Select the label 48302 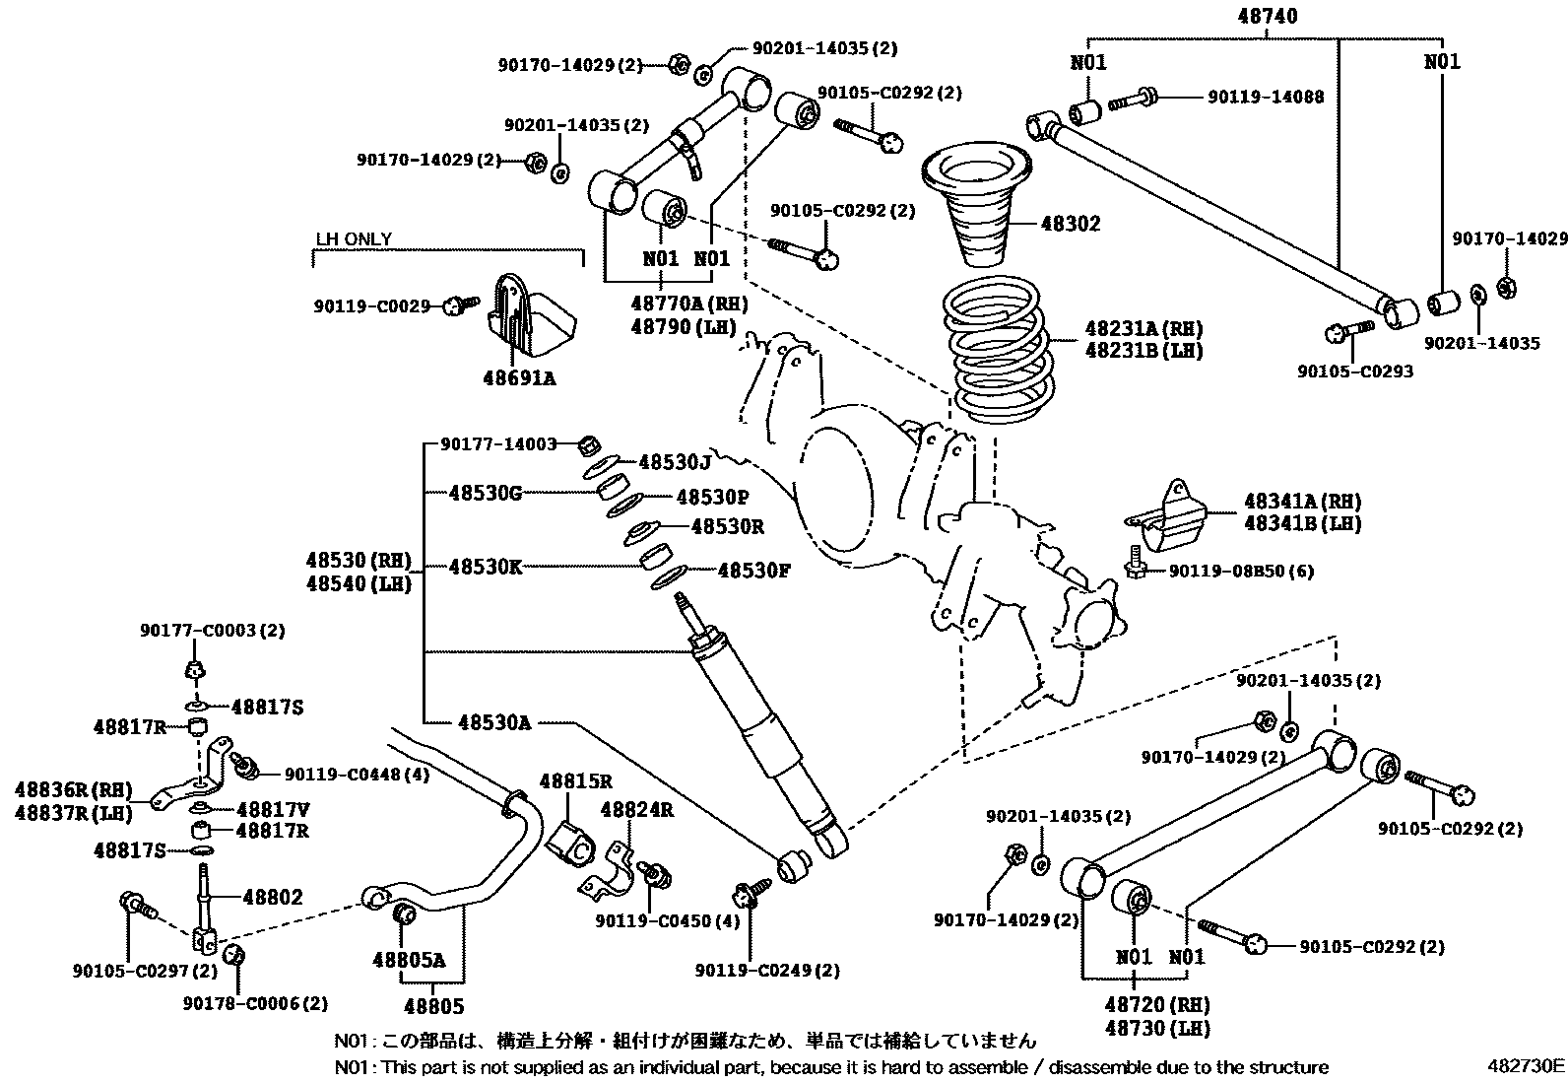click(1071, 224)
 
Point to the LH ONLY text click(354, 239)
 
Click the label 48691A click(519, 377)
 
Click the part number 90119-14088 click(1266, 97)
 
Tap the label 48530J click(675, 462)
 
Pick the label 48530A click(494, 722)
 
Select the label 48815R click(576, 782)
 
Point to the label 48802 click(273, 898)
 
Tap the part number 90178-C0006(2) click(255, 1003)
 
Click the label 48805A click(409, 960)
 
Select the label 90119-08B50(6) click(1241, 571)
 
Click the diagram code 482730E click(1526, 1065)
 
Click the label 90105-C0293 click(1354, 372)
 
